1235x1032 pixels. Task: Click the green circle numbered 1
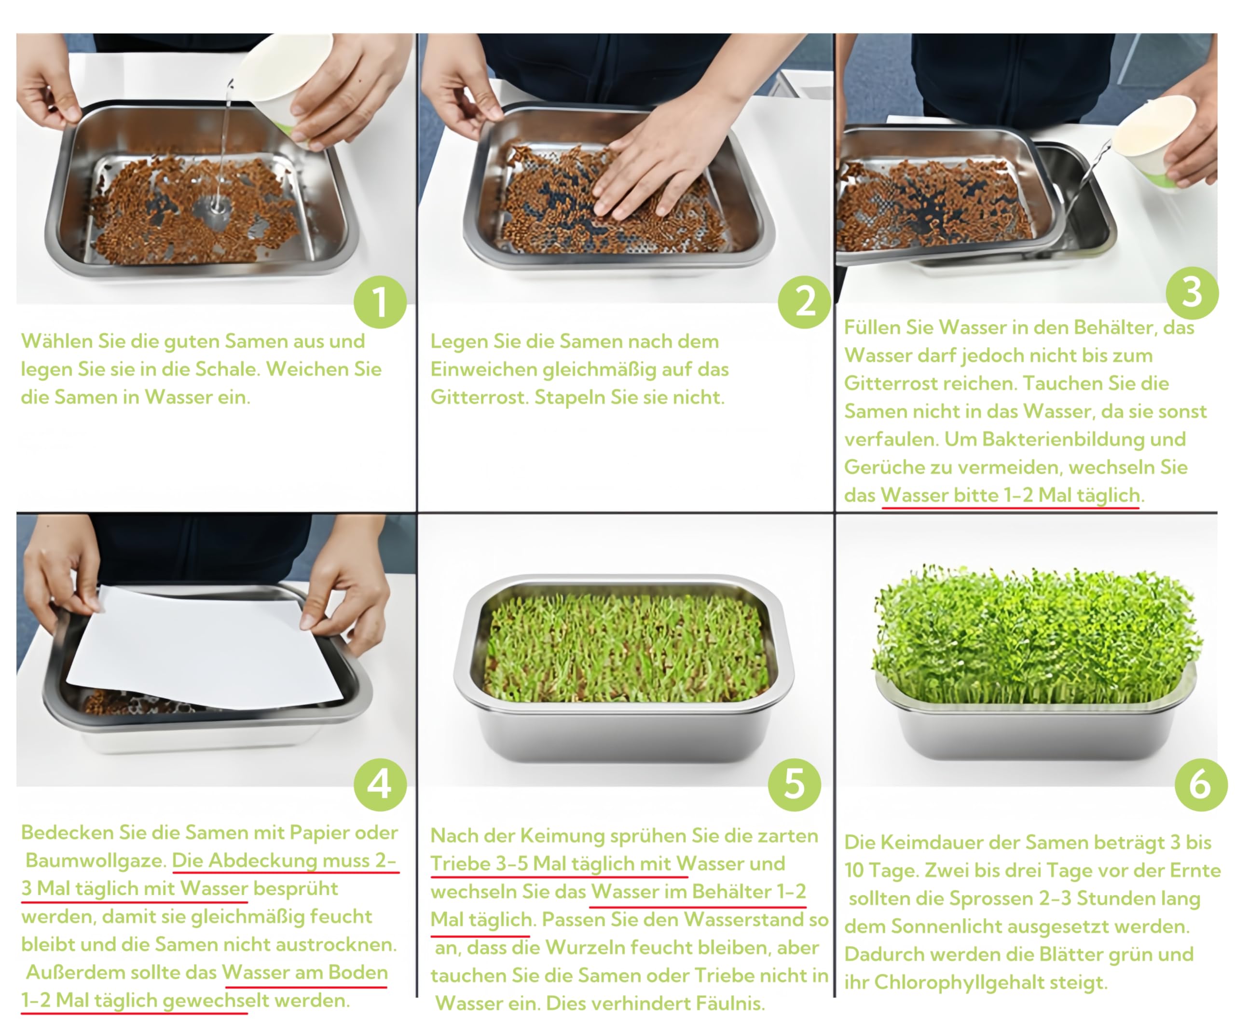[x=380, y=302]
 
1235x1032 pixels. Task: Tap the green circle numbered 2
[x=804, y=302]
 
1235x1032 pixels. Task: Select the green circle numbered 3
[x=1192, y=292]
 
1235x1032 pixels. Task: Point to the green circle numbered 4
[x=380, y=785]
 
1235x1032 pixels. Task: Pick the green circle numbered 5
[x=795, y=785]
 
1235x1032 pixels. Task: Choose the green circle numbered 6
[x=1201, y=785]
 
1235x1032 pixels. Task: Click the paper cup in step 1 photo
[x=288, y=85]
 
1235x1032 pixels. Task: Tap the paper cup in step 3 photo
[x=1153, y=141]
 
